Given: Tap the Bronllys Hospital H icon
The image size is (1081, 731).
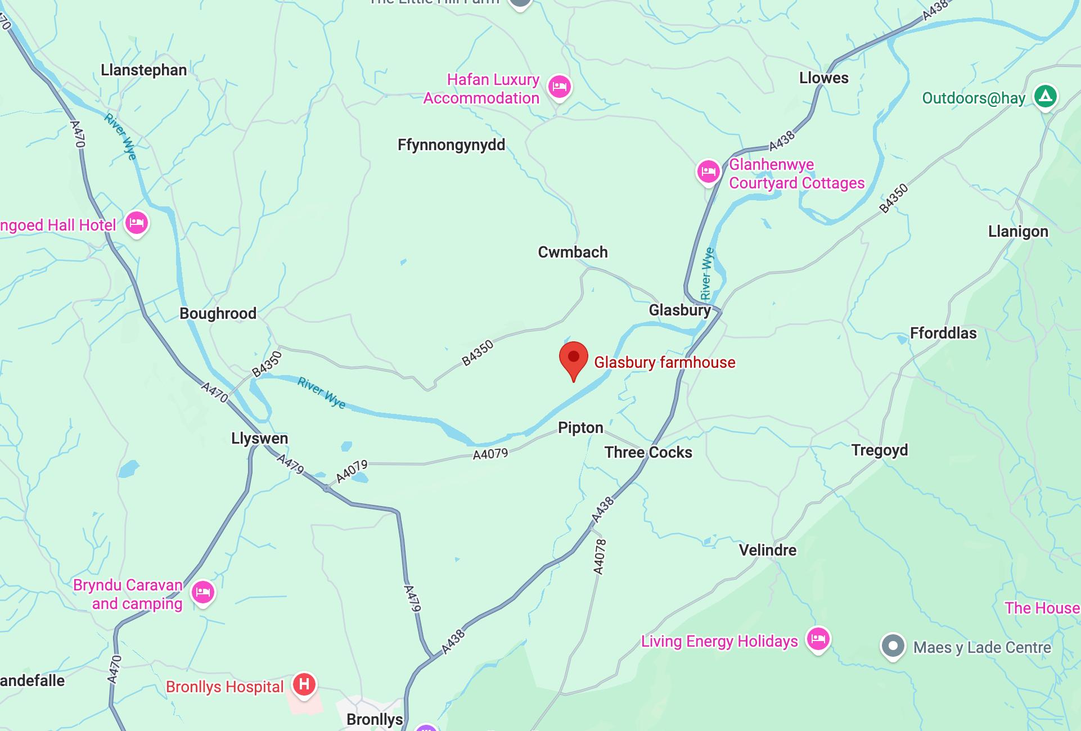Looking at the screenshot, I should click(304, 684).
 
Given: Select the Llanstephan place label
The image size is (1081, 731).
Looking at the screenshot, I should click(143, 70).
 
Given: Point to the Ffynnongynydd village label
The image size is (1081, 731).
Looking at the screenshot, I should click(451, 145).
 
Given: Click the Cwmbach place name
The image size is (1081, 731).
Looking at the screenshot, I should click(573, 252).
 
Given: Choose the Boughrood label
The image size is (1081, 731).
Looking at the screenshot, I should click(218, 313).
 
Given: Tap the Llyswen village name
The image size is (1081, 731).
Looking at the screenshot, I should click(259, 438).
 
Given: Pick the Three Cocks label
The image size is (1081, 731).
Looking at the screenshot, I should click(648, 452).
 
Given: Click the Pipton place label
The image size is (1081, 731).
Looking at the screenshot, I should click(580, 428).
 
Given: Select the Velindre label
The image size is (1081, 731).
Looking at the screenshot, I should click(767, 550).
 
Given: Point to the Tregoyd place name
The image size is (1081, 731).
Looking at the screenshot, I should click(879, 450).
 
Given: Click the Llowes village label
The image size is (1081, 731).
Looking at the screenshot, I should click(823, 78).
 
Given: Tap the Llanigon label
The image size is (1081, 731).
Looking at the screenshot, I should click(1018, 232).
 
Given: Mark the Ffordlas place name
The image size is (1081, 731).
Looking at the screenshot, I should click(943, 333).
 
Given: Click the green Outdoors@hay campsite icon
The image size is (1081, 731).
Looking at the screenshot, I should click(1045, 96).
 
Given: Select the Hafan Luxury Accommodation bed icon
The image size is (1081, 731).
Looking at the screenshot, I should click(559, 87).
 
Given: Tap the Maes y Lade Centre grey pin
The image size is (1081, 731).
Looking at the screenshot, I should click(893, 646).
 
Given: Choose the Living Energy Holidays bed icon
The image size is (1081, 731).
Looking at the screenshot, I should click(818, 639).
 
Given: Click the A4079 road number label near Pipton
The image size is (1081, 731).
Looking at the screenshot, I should click(490, 454).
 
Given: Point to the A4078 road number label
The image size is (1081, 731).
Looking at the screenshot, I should click(600, 557).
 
